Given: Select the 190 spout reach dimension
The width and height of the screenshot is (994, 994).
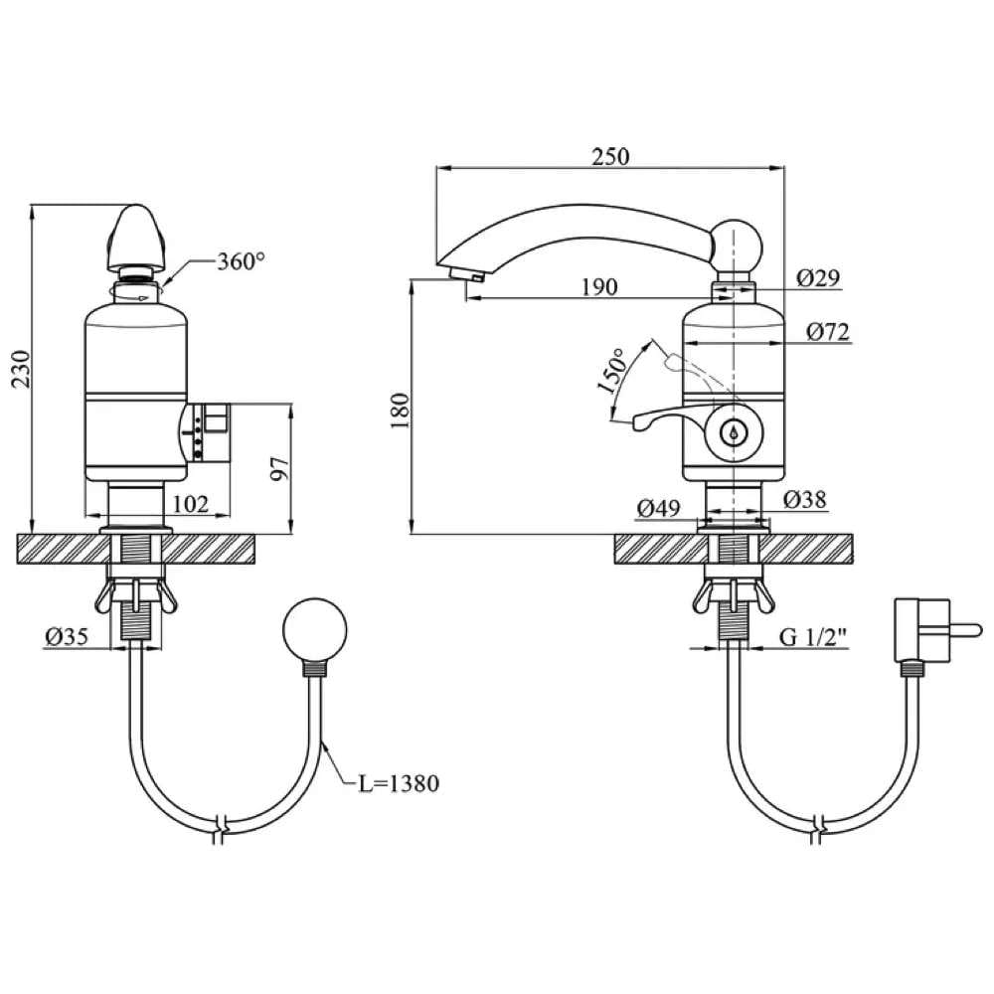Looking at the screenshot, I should (x=599, y=287).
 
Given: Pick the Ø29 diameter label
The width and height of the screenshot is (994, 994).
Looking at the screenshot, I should (x=820, y=279).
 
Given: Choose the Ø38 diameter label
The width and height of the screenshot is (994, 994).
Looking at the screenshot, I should (x=804, y=499).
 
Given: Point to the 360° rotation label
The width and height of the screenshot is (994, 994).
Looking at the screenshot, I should (x=242, y=261).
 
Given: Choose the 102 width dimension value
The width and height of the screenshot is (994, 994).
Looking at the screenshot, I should (x=191, y=504).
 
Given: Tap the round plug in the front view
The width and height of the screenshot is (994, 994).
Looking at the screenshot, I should (x=315, y=630).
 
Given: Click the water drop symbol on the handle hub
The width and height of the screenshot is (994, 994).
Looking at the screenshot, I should (x=734, y=433).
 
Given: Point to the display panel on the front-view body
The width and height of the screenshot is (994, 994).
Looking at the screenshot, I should (x=209, y=433).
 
